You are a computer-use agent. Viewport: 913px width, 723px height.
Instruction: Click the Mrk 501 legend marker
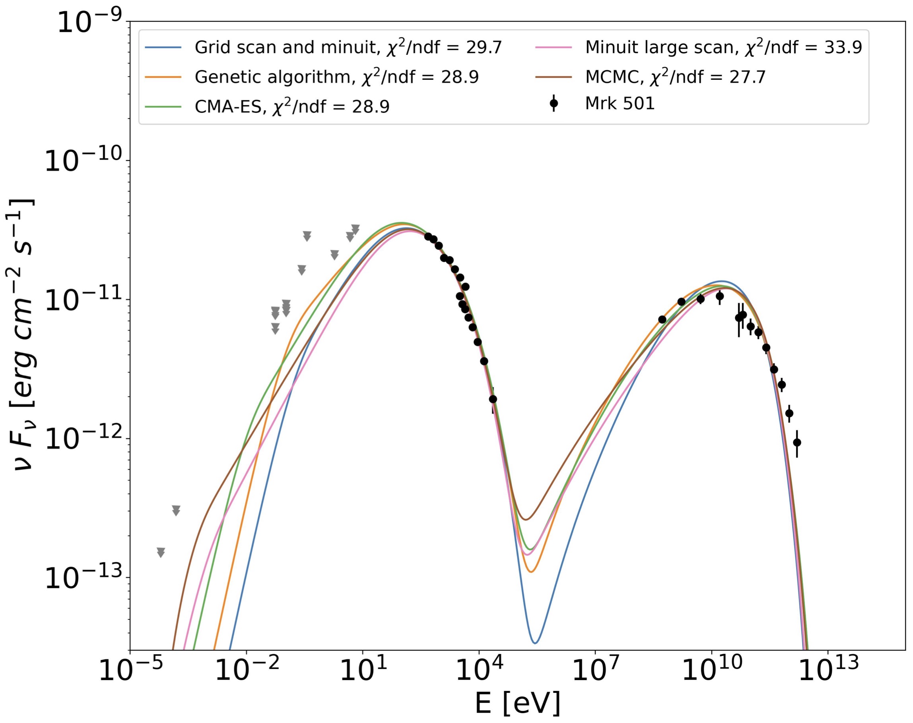point(554,103)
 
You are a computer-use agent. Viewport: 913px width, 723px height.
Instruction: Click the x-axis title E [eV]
point(517,704)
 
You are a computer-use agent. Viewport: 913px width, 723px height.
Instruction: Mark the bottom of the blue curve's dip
point(535,643)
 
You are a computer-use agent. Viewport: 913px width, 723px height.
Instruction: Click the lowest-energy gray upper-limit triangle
point(161,553)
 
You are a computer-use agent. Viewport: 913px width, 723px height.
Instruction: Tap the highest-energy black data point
point(797,443)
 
